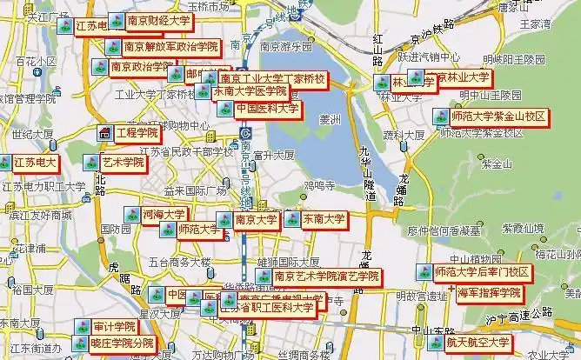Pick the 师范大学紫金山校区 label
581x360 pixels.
pos(499,116)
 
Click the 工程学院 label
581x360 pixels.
pos(138,133)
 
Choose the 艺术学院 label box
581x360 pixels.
pos(123,163)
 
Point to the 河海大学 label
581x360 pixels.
pos(164,214)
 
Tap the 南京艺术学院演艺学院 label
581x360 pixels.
pos(327,277)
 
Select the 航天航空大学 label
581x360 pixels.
pos(478,343)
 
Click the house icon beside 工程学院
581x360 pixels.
pos(104,133)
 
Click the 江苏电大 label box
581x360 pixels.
pos(35,163)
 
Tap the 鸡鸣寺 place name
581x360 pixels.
pos(318,185)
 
